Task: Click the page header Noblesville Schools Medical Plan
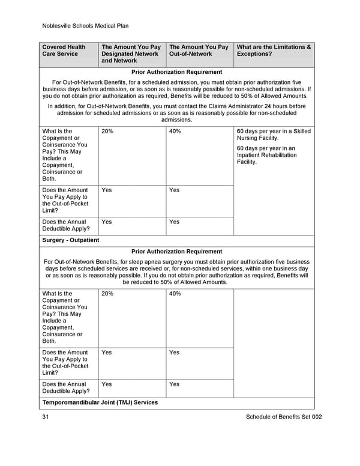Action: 85,26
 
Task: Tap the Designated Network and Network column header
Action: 131,53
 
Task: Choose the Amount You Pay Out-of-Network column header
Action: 199,50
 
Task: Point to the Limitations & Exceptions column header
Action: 274,50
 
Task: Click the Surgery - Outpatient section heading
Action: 70,240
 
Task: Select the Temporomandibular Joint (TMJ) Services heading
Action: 100,402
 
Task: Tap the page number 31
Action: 46,417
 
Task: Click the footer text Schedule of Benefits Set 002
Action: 283,417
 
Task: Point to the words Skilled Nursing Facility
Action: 272,135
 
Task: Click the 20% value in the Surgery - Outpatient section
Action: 107,294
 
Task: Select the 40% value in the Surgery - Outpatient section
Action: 175,294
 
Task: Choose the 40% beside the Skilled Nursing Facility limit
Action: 175,131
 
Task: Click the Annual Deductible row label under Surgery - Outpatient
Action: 66,388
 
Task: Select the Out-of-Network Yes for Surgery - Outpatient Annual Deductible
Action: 174,384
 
